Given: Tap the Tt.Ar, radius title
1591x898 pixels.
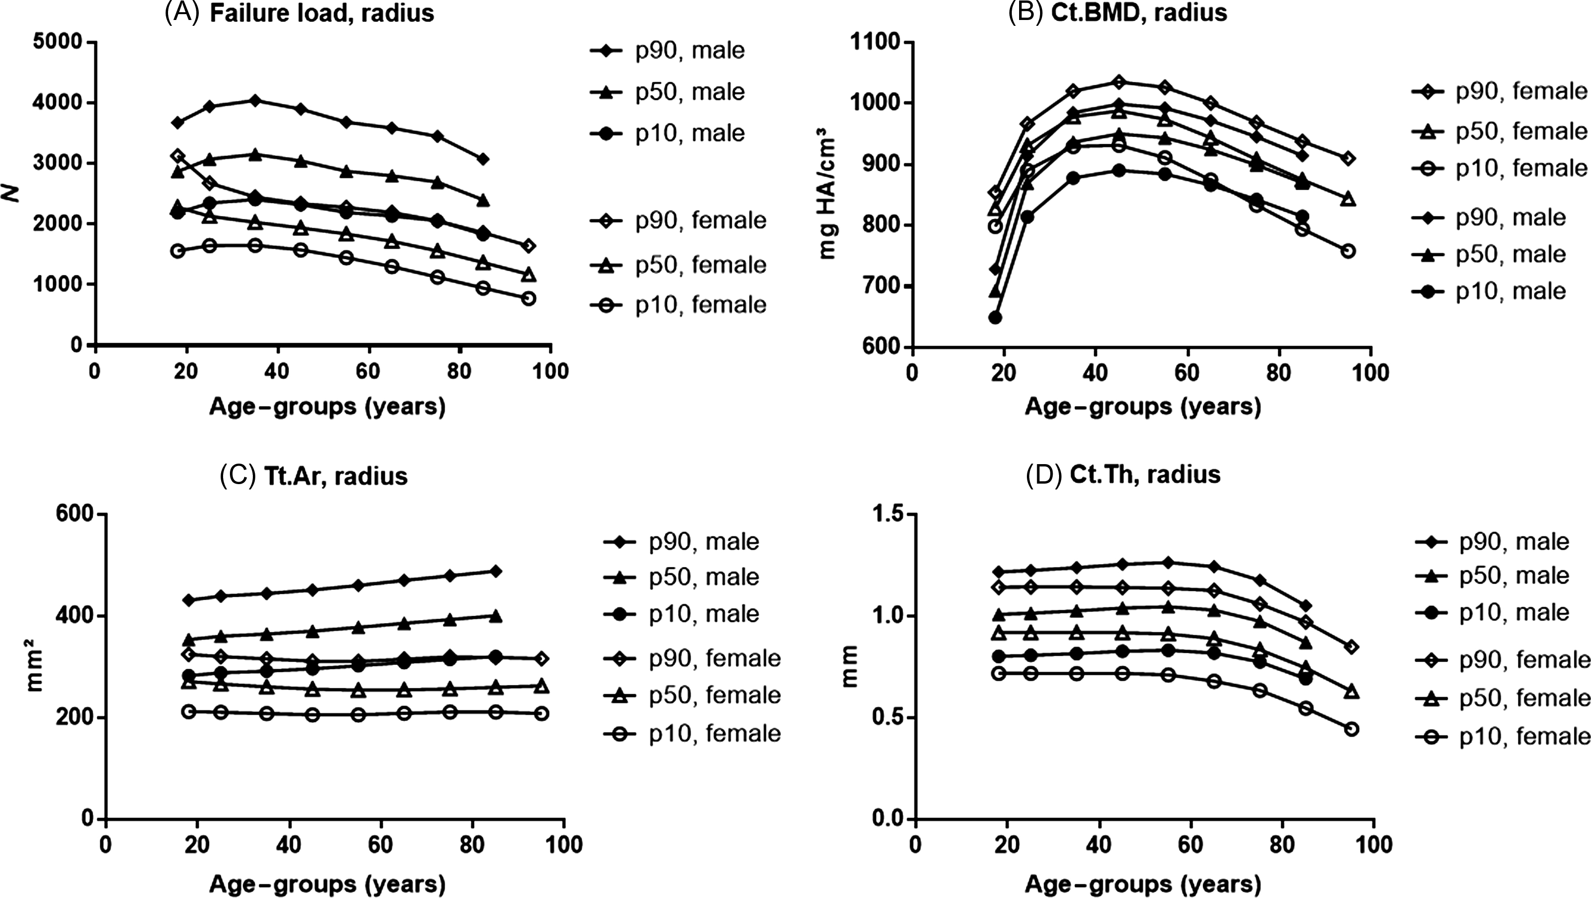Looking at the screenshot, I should [314, 476].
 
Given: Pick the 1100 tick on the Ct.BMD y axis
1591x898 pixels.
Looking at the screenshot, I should [876, 42].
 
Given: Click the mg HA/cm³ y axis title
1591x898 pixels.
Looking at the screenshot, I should [828, 198].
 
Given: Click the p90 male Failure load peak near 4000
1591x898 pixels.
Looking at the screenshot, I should [255, 100].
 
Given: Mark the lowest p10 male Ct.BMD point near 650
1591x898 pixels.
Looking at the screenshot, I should [995, 318].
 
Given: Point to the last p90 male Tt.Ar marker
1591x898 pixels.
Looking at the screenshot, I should [495, 571].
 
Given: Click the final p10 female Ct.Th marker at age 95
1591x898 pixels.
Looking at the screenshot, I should [1351, 729].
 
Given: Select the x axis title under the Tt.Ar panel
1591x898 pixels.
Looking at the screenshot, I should [327, 884].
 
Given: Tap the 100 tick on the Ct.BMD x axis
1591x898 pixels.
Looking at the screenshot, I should [1370, 372].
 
